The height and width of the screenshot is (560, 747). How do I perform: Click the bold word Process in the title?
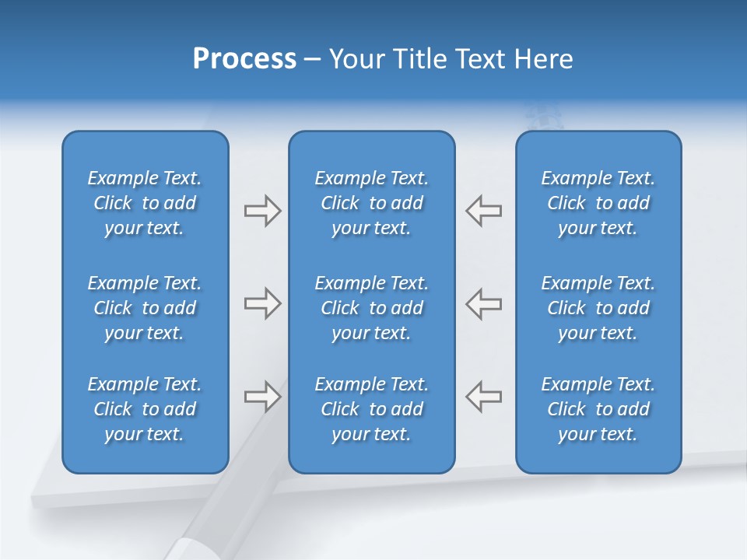click(244, 59)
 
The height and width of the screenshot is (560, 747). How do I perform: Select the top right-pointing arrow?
click(262, 211)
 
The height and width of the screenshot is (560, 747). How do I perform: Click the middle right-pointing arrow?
click(262, 303)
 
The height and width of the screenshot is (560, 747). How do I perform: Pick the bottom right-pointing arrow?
click(262, 397)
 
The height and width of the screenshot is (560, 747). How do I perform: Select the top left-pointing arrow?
click(484, 211)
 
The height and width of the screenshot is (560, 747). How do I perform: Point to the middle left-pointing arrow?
click(484, 303)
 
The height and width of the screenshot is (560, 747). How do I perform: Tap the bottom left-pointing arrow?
click(484, 397)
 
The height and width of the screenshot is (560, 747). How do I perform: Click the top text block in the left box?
click(145, 203)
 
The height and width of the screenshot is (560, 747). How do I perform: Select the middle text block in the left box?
click(145, 308)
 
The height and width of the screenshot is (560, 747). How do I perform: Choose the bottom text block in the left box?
click(145, 409)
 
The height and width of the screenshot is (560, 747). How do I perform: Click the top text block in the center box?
click(372, 203)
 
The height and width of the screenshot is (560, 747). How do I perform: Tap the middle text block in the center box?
click(372, 308)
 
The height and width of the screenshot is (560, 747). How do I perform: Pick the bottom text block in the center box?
click(372, 409)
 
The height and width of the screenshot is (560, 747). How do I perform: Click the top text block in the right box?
click(598, 203)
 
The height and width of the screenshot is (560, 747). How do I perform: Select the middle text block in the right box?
click(598, 308)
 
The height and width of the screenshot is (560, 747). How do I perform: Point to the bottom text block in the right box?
click(598, 409)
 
